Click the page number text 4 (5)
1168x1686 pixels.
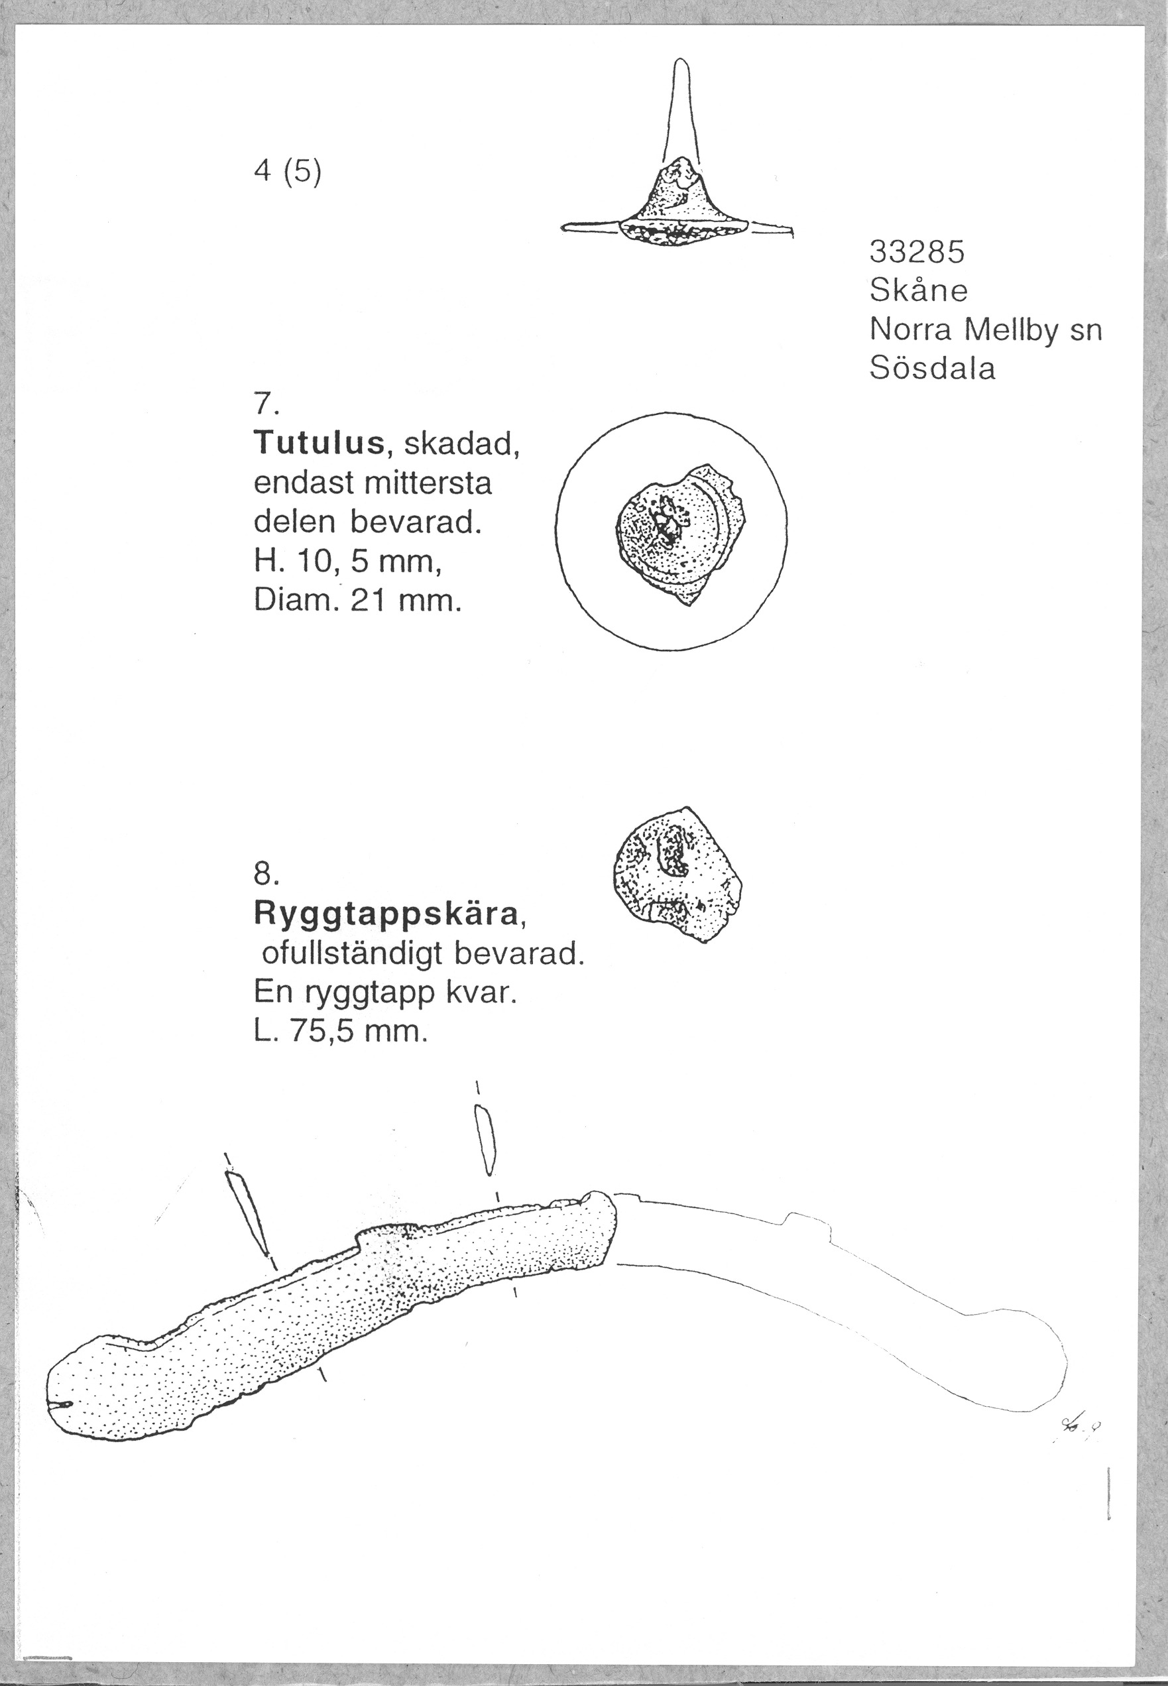[x=287, y=174]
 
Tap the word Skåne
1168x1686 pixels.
[x=919, y=291]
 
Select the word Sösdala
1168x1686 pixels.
[x=933, y=368]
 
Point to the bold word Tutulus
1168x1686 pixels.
[x=319, y=443]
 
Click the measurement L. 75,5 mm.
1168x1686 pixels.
[x=339, y=1032]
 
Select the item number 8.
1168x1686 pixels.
[x=265, y=873]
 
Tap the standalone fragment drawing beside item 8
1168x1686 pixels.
[x=676, y=874]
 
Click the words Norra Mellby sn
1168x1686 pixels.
[x=985, y=330]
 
